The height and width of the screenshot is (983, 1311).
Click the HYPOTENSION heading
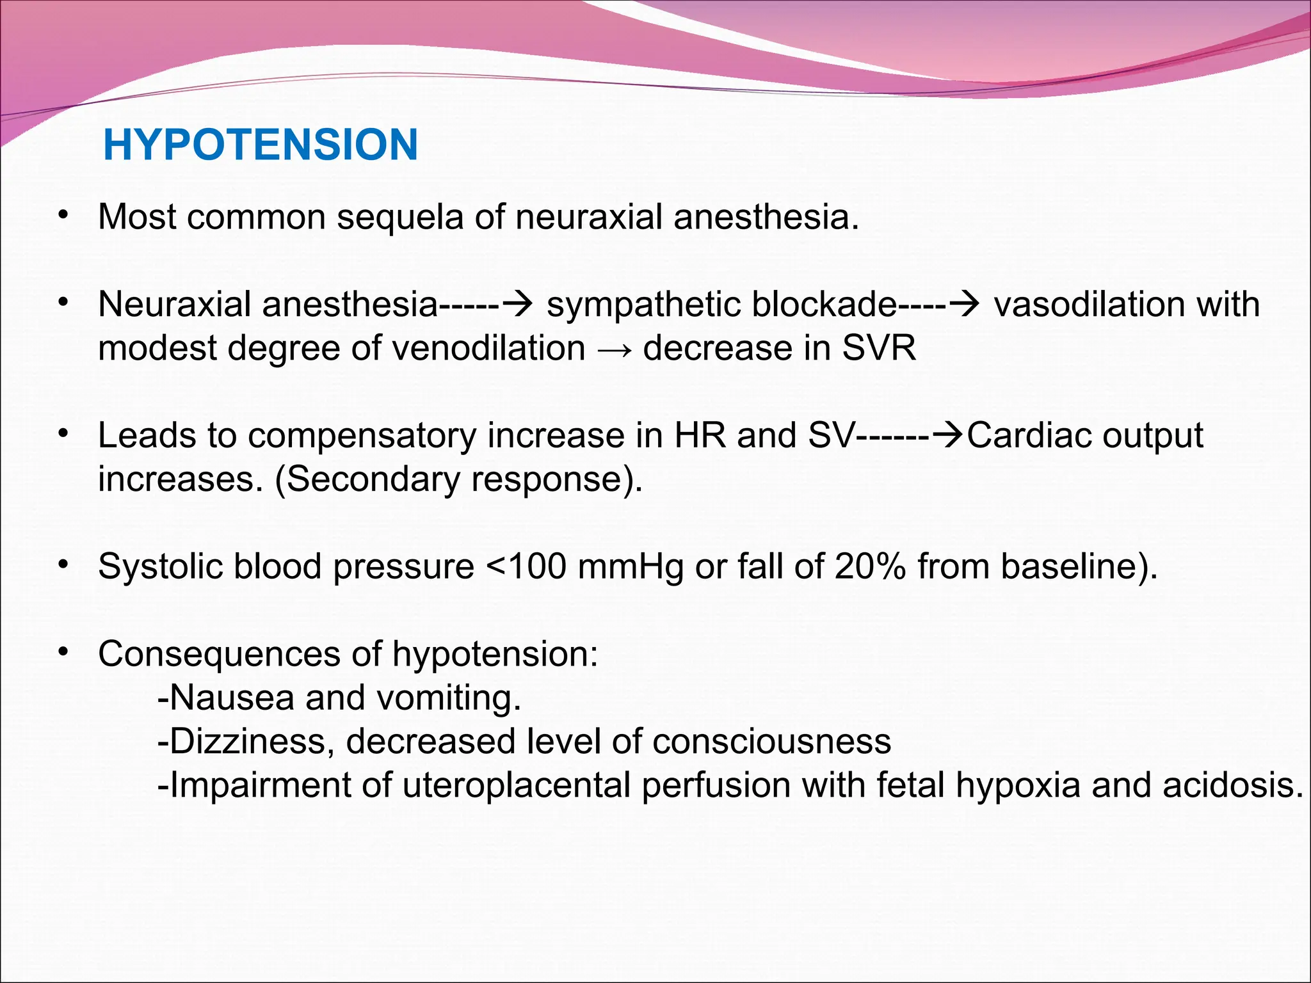[x=261, y=145]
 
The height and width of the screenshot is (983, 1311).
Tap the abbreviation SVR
[x=878, y=349]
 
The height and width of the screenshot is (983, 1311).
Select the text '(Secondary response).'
[x=458, y=480]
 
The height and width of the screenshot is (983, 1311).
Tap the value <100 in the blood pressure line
[x=526, y=567]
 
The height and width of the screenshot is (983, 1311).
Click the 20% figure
[x=870, y=567]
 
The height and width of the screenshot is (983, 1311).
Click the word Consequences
[x=220, y=655]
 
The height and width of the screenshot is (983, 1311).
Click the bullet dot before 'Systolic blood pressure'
[x=62, y=565]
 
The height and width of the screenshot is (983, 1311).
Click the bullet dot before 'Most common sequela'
[x=62, y=216]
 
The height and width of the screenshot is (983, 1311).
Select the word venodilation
[x=488, y=349]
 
